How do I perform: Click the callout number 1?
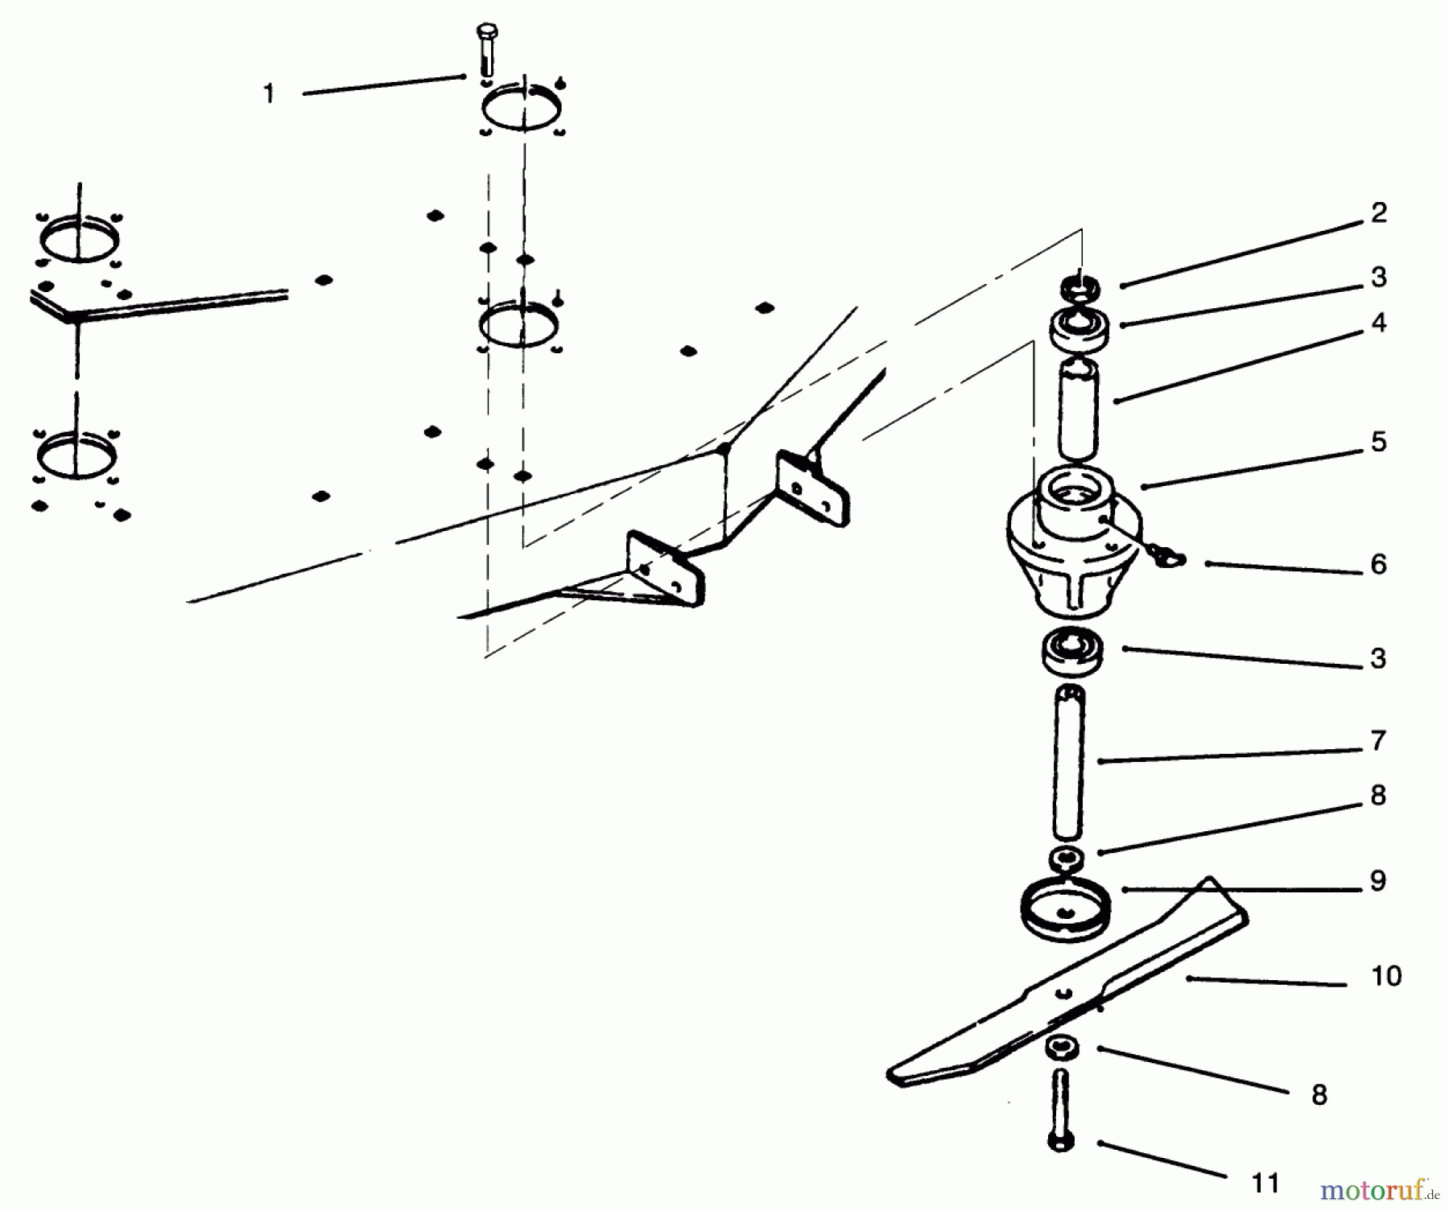(269, 94)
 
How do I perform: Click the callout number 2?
(1379, 213)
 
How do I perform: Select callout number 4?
(1379, 323)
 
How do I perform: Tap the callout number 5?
(1379, 442)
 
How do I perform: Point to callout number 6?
(1379, 565)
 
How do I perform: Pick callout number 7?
(1379, 740)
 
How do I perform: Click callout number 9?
(1379, 881)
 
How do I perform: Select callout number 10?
(1386, 976)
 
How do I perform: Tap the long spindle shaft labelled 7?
(1067, 760)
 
